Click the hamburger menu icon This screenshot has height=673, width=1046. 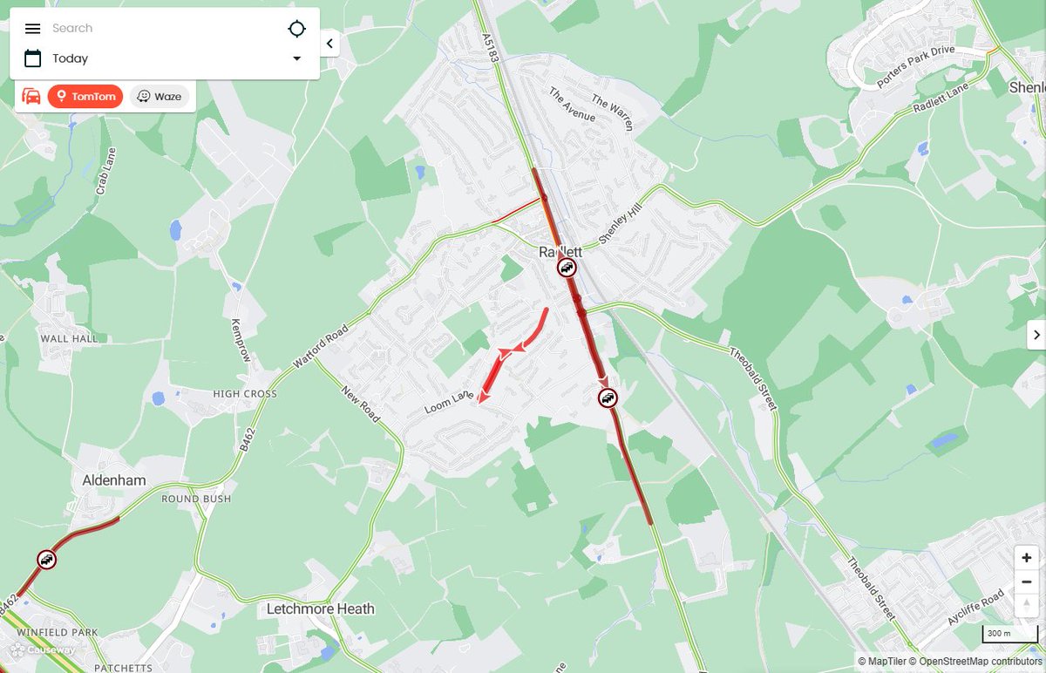pyautogui.click(x=32, y=29)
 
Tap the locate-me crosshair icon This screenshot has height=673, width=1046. pyautogui.click(x=297, y=29)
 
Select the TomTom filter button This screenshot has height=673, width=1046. pyautogui.click(x=85, y=97)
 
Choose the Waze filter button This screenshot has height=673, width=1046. pyautogui.click(x=160, y=97)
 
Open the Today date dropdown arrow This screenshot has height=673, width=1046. pyautogui.click(x=297, y=58)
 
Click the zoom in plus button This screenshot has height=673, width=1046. pyautogui.click(x=1027, y=558)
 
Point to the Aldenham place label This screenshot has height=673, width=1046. pyautogui.click(x=114, y=480)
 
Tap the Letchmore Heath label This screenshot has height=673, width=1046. pyautogui.click(x=321, y=608)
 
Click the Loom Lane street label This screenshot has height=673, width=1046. pyautogui.click(x=449, y=403)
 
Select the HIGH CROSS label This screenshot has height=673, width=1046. pyautogui.click(x=245, y=394)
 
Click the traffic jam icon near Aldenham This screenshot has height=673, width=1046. pyautogui.click(x=47, y=560)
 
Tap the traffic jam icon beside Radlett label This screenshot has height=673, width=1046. pyautogui.click(x=567, y=268)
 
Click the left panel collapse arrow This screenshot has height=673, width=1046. pyautogui.click(x=329, y=44)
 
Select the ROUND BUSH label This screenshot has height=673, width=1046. pyautogui.click(x=196, y=499)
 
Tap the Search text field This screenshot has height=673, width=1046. pyautogui.click(x=157, y=29)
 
